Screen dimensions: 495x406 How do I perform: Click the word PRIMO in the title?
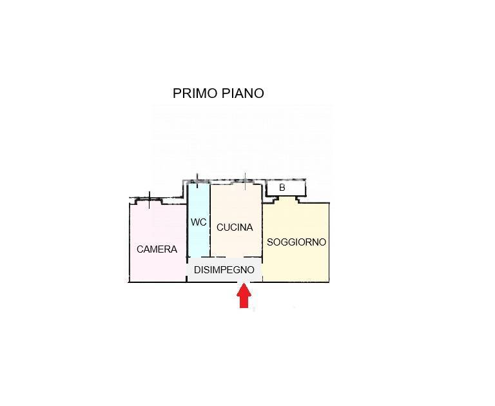coord(193,93)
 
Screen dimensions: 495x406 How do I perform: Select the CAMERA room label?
coord(157,249)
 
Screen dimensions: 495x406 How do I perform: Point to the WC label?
coord(199,222)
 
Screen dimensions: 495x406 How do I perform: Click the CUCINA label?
coord(235,227)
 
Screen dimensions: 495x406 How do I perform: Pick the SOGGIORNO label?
coord(296,242)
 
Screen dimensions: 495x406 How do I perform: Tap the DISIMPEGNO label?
coord(224,270)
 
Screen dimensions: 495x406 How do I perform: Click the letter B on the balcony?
coord(282,188)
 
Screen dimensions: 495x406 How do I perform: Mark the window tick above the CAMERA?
coord(150,197)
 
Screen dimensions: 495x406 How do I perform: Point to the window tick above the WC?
coord(197,179)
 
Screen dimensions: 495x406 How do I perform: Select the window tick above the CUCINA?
coord(245,178)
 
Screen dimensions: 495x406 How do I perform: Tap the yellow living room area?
coord(296,264)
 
